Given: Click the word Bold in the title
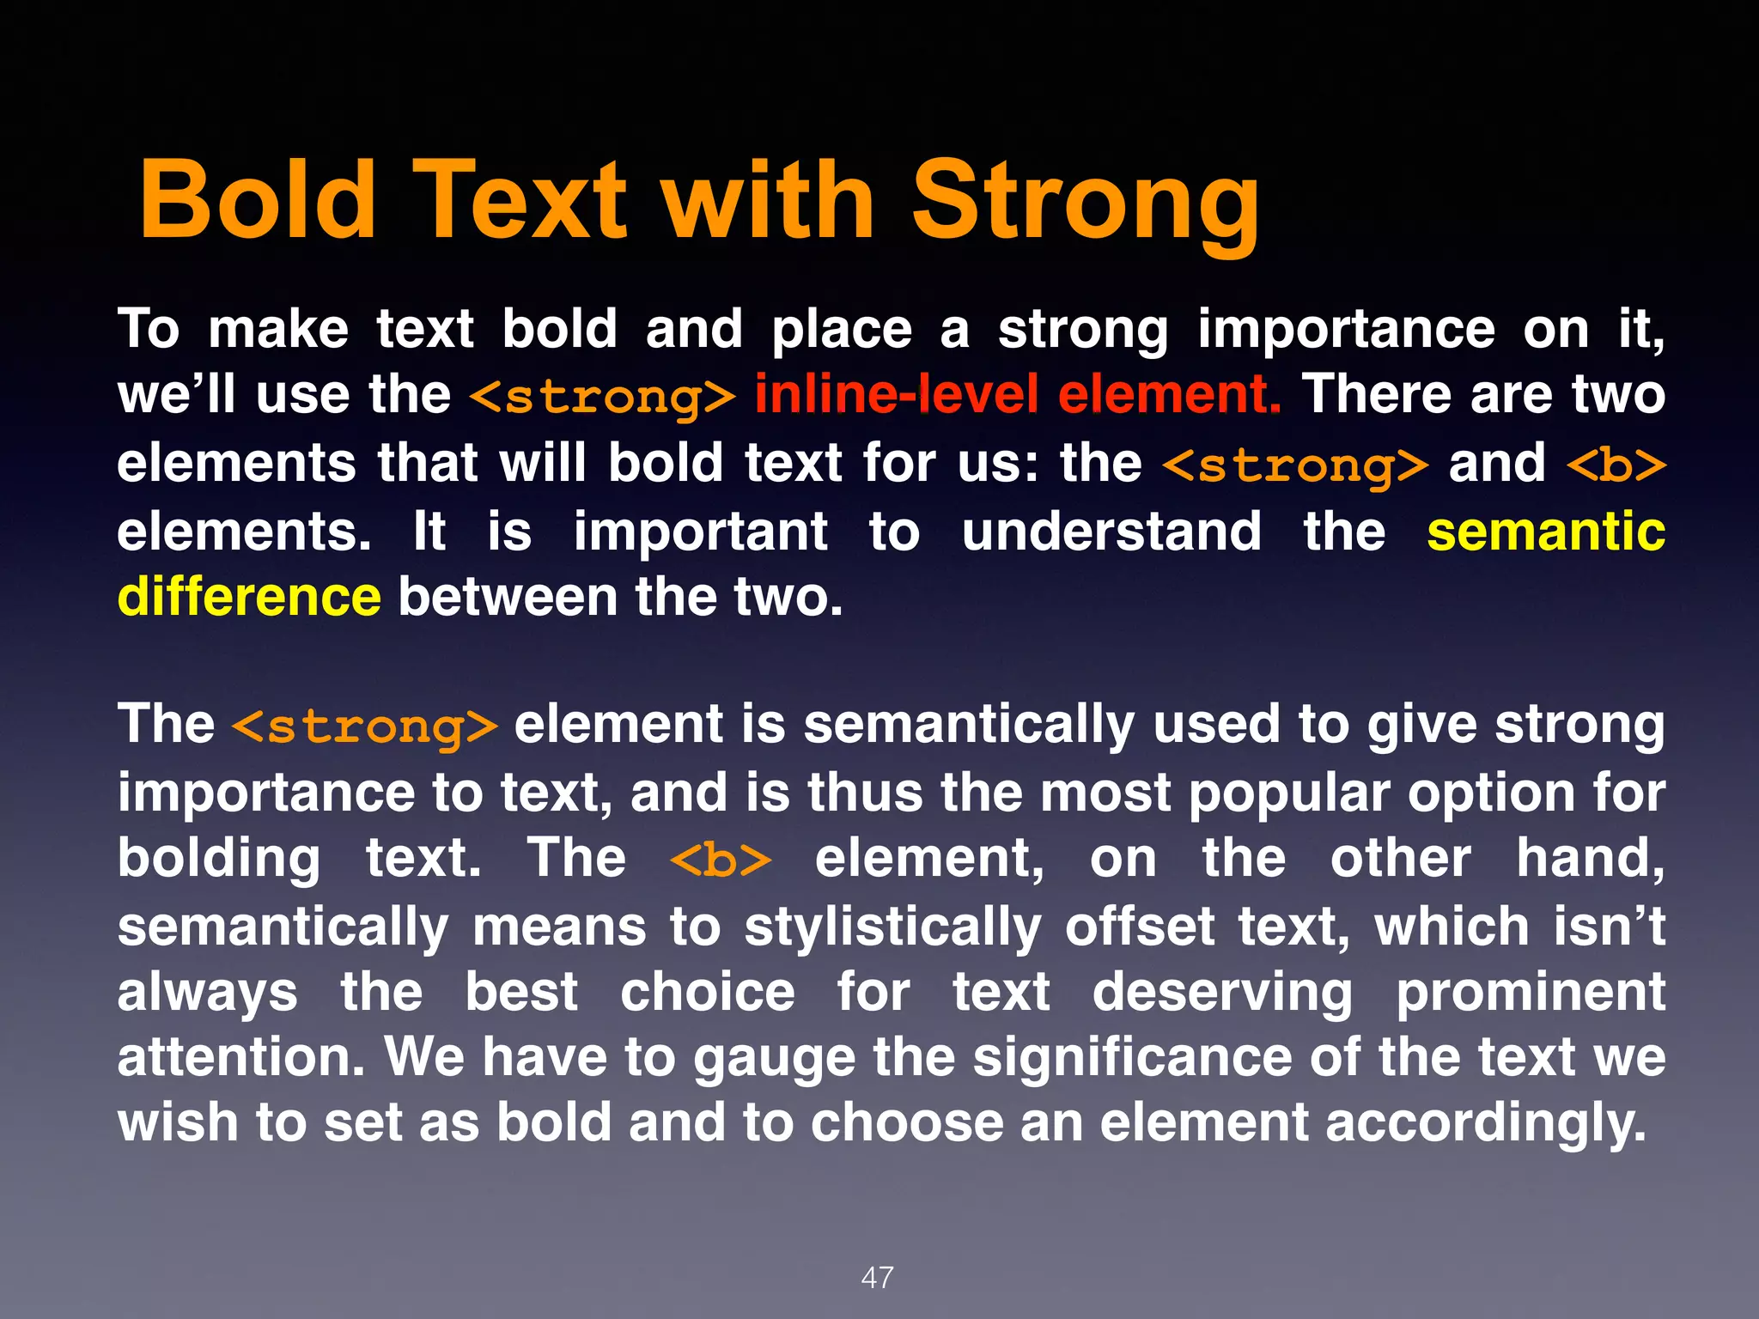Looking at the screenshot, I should (258, 201).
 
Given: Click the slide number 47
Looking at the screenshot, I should (877, 1277).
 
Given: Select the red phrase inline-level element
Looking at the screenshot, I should (1018, 395).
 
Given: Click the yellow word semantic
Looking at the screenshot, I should (1545, 532).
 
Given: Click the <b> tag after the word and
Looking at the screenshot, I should (1616, 465).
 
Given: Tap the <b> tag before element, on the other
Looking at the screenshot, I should (721, 860).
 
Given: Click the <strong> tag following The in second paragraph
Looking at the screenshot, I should (364, 726).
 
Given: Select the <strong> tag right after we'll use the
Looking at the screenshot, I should (603, 397).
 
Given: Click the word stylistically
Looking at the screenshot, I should (893, 928).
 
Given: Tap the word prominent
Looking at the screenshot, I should (1530, 993).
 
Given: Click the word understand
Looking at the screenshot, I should (1111, 532).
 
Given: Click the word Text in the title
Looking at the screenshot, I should (520, 201).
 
